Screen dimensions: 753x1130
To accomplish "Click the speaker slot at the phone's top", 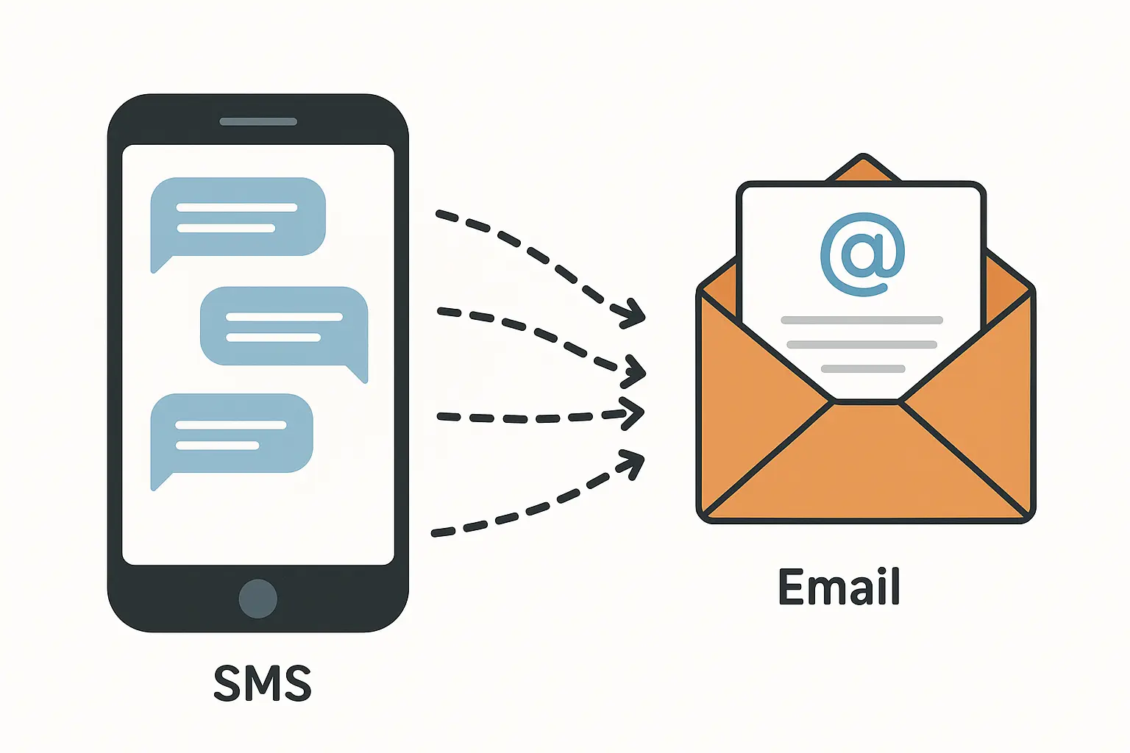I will [x=258, y=121].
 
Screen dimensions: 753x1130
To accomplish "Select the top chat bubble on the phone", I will [x=238, y=218].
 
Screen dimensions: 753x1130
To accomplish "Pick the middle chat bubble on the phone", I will [x=284, y=326].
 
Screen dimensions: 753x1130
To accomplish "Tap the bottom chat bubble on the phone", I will [x=232, y=434].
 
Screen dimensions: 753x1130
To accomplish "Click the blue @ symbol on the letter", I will [x=862, y=254].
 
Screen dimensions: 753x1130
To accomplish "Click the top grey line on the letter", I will [x=861, y=321].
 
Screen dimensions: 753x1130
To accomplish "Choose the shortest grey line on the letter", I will [x=863, y=369].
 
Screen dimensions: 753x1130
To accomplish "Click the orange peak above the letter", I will [x=864, y=168].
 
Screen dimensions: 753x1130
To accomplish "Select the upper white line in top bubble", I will [x=237, y=207].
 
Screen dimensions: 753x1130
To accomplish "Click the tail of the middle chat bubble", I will [x=359, y=375].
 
